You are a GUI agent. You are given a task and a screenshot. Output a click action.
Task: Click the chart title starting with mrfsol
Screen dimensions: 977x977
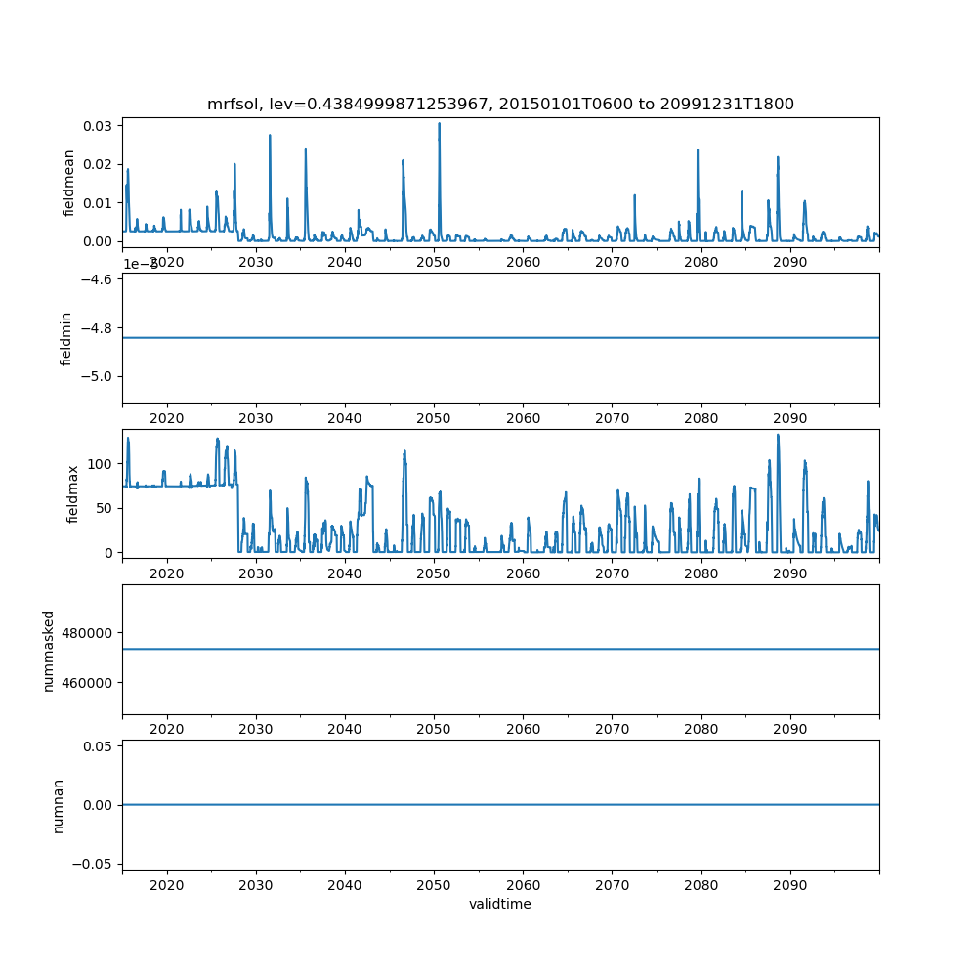pyautogui.click(x=500, y=104)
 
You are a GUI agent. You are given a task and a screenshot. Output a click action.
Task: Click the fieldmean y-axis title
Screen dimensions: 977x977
pyautogui.click(x=67, y=182)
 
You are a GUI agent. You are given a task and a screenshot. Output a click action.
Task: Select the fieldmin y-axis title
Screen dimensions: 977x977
pyautogui.click(x=67, y=338)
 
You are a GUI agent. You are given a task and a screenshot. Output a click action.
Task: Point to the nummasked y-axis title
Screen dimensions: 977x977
pyautogui.click(x=49, y=650)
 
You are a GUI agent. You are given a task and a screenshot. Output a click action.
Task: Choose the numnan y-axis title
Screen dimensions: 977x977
pyautogui.click(x=59, y=805)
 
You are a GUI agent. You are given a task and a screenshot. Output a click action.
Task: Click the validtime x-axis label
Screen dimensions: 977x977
pyautogui.click(x=500, y=904)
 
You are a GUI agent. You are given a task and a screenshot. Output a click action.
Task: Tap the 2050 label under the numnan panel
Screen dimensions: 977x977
pyautogui.click(x=434, y=884)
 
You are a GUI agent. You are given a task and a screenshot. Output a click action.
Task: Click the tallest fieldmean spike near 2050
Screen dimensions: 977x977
pyautogui.click(x=439, y=124)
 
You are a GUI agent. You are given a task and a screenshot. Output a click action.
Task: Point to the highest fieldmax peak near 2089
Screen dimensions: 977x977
pyautogui.click(x=778, y=435)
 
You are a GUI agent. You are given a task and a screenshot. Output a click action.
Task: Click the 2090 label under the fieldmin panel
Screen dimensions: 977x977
pyautogui.click(x=789, y=417)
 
